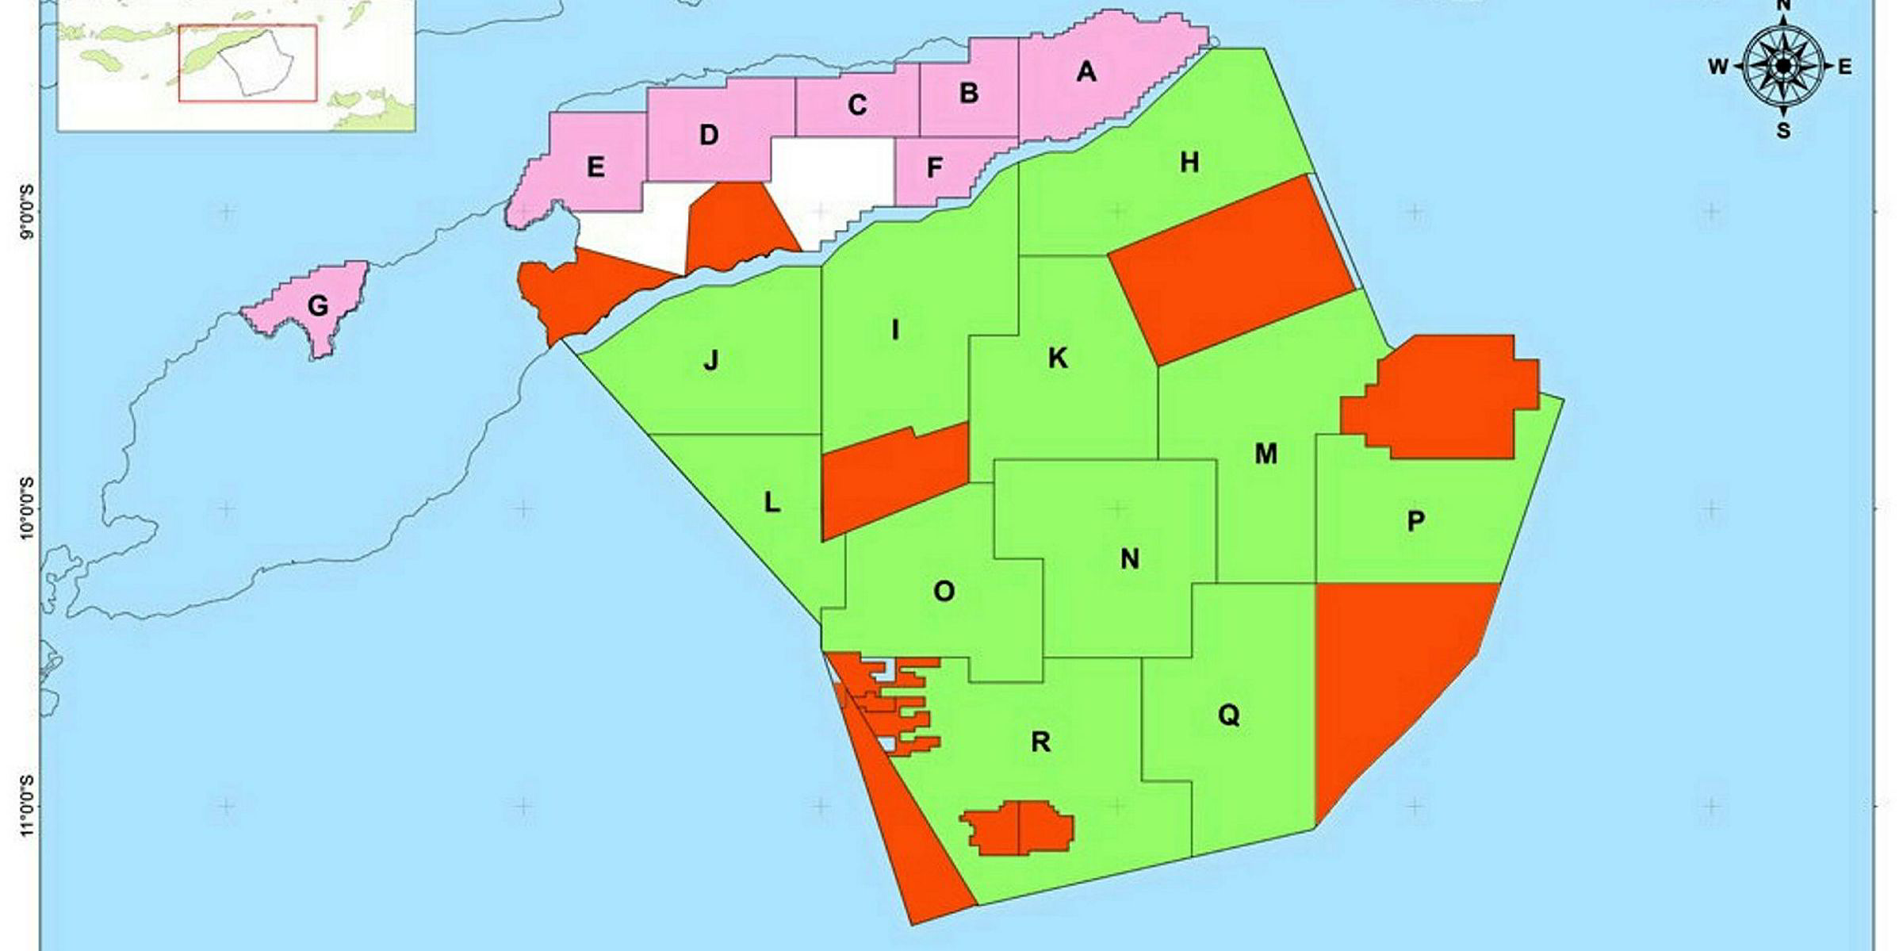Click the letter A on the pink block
1086,72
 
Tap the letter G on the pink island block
318,306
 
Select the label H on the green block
1189,163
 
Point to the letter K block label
1058,359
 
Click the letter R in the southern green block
1040,742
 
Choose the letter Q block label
1228,715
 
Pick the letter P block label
1415,521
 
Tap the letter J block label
711,361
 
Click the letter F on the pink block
935,168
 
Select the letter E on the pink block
595,167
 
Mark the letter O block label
944,591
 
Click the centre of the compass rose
1783,67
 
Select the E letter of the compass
1845,67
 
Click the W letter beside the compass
1717,67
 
